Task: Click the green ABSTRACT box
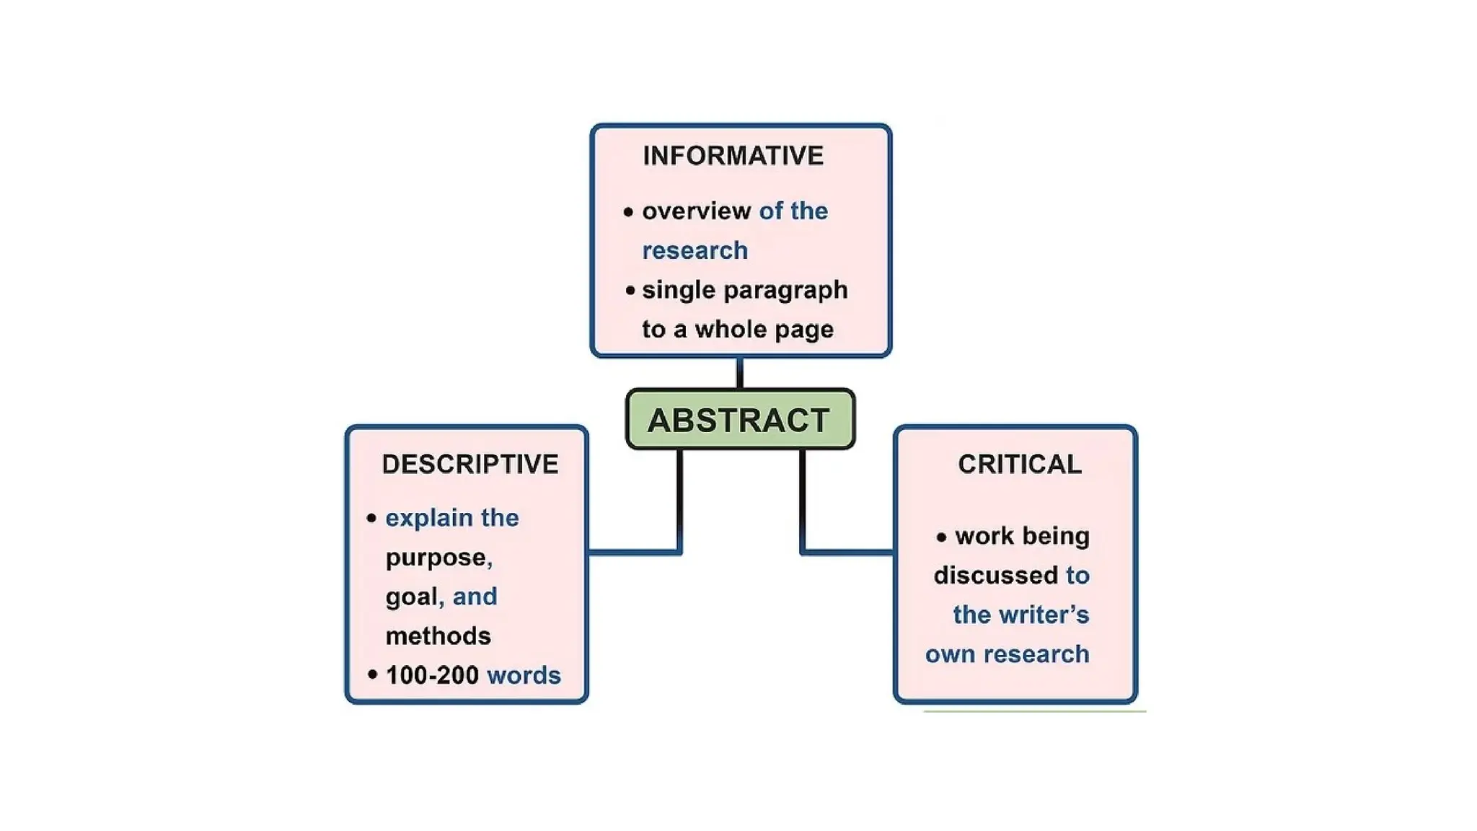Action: click(740, 420)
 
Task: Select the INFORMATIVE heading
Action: click(733, 156)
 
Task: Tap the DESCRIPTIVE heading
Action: click(470, 464)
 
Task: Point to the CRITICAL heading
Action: click(1020, 464)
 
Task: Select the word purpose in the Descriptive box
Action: click(436, 558)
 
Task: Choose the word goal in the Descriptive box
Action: click(411, 597)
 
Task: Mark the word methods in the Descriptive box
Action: click(438, 636)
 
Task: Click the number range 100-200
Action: click(432, 675)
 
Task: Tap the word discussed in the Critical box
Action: click(995, 576)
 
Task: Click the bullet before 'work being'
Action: click(941, 537)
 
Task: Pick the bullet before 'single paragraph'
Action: click(630, 291)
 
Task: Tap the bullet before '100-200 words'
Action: click(372, 675)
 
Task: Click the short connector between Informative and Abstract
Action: click(739, 373)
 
